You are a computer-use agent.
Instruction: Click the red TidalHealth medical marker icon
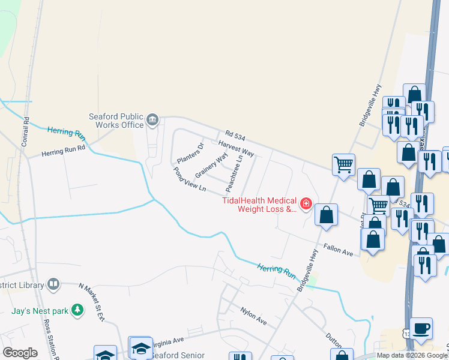pos(306,205)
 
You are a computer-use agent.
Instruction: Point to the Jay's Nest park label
pos(40,311)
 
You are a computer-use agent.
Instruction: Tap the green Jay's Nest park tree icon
pos(77,310)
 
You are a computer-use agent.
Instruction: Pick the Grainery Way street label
pos(211,164)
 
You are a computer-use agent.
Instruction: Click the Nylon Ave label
pos(253,315)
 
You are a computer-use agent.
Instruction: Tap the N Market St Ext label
pos(92,302)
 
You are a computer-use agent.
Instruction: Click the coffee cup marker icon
pos(421,328)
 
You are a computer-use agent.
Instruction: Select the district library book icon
pos(53,283)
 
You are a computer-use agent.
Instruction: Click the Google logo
pos(20,352)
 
